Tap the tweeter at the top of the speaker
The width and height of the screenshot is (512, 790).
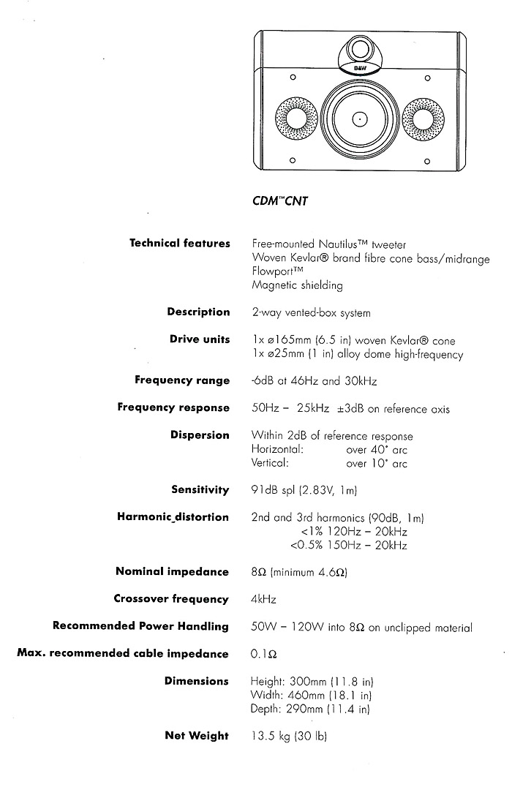(x=360, y=50)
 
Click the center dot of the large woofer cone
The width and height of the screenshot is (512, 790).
(x=359, y=118)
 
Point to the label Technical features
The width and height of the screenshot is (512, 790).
(x=179, y=244)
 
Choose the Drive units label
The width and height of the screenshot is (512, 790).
(x=200, y=339)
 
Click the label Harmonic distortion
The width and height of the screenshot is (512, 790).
(x=173, y=517)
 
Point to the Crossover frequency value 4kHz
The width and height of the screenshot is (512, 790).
(x=263, y=599)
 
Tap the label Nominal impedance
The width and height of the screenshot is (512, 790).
(x=172, y=571)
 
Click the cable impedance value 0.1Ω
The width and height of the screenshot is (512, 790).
(x=263, y=654)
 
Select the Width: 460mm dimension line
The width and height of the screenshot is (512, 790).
(x=312, y=695)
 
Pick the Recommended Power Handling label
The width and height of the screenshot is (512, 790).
(x=140, y=626)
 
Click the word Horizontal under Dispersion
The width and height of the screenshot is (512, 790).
(x=277, y=449)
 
